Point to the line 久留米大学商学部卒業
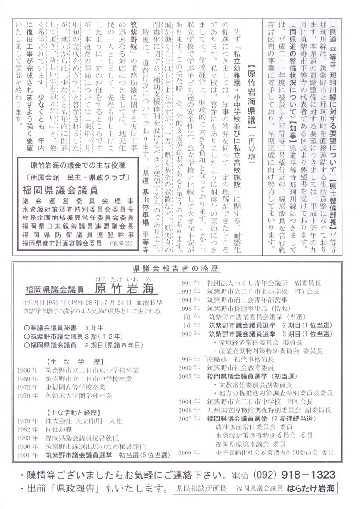coord(78,396)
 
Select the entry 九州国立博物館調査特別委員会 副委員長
coord(269,410)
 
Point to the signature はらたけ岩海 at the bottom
coord(312,488)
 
